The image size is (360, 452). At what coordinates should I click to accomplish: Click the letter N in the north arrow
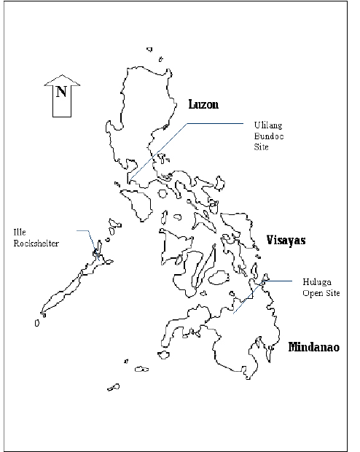[x=61, y=93]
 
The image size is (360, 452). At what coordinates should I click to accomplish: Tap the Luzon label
[x=203, y=104]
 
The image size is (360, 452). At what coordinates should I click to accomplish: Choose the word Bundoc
[x=266, y=136]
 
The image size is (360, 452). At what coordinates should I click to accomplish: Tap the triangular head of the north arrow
[x=61, y=78]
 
